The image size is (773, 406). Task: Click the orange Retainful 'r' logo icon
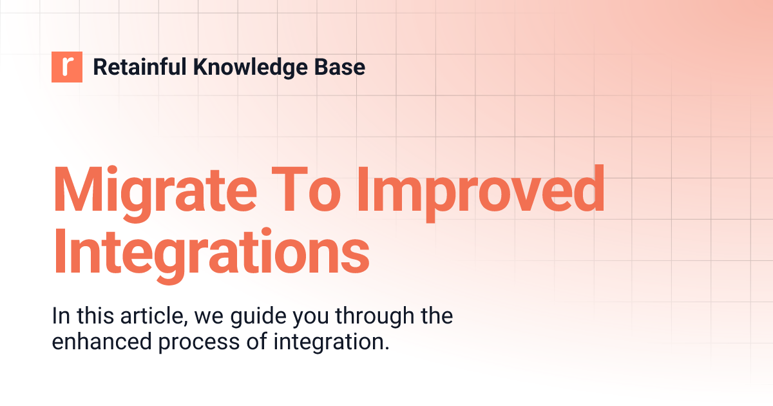coord(67,67)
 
